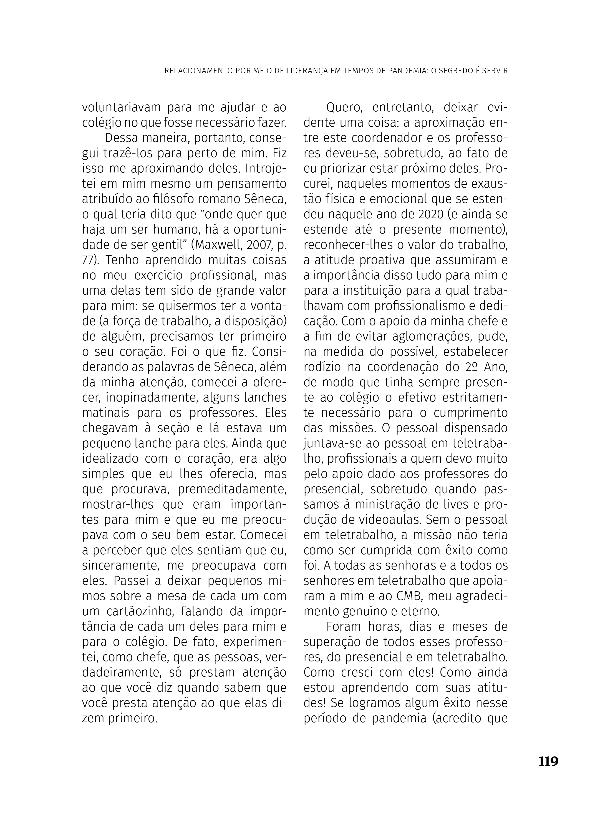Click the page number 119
pos(548,759)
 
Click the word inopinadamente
pos(152,397)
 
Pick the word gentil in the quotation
pos(171,245)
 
